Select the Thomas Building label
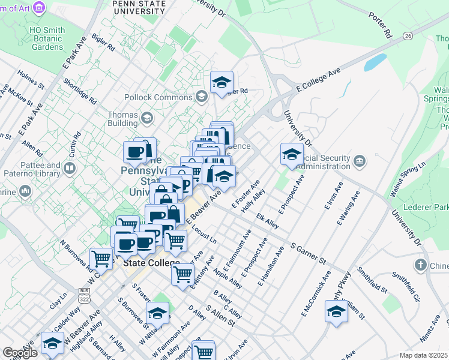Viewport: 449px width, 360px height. click(x=117, y=116)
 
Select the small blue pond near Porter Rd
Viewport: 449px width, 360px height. click(x=375, y=62)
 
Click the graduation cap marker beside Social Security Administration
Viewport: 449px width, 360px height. click(x=292, y=155)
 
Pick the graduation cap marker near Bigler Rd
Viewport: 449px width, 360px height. click(x=221, y=83)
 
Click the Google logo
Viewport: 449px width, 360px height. click(x=20, y=353)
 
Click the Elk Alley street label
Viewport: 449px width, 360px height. click(x=267, y=221)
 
